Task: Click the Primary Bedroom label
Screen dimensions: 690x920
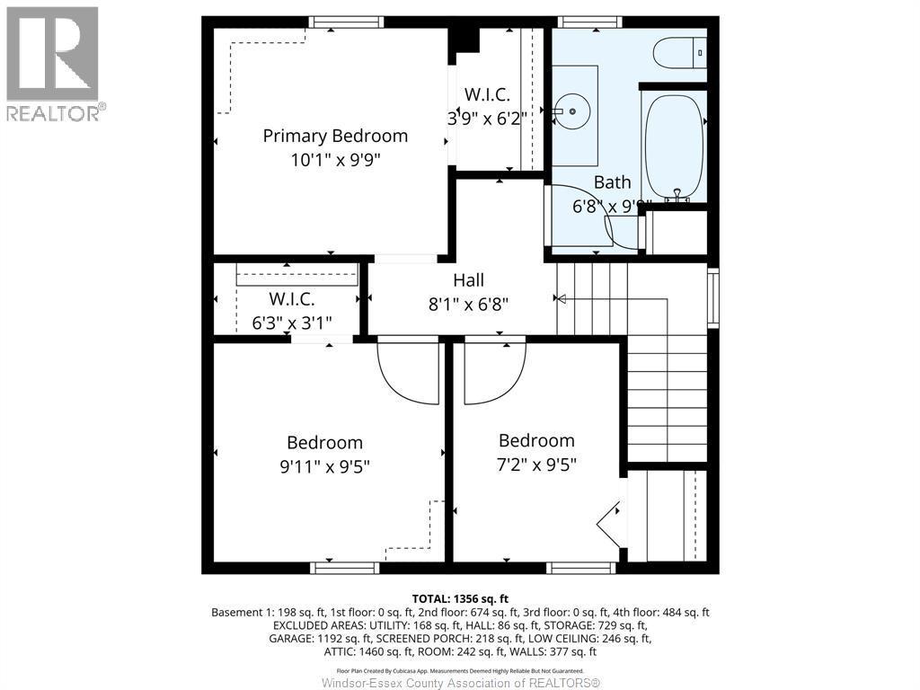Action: [335, 136]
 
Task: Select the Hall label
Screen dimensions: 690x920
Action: [468, 280]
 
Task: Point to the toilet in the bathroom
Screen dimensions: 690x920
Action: [679, 53]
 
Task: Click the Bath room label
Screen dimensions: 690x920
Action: [612, 182]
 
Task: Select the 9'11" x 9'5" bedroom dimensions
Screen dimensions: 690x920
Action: [324, 466]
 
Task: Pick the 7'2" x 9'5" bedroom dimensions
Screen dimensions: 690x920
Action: [536, 464]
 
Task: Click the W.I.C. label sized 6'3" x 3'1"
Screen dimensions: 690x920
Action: [292, 300]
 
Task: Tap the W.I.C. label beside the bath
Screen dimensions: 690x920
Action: [486, 94]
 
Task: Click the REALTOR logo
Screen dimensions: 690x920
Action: [53, 64]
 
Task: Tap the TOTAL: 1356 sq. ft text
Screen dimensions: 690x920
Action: [460, 597]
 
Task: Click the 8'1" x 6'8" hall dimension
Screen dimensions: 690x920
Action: [468, 304]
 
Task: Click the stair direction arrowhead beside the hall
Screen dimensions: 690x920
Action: [560, 299]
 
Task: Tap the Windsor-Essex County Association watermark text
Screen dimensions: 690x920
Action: [460, 683]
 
